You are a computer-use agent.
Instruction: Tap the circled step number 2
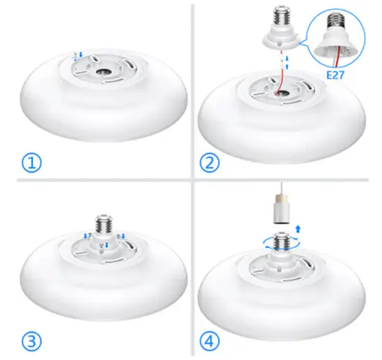click(210, 163)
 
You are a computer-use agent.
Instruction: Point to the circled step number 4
click(210, 341)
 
